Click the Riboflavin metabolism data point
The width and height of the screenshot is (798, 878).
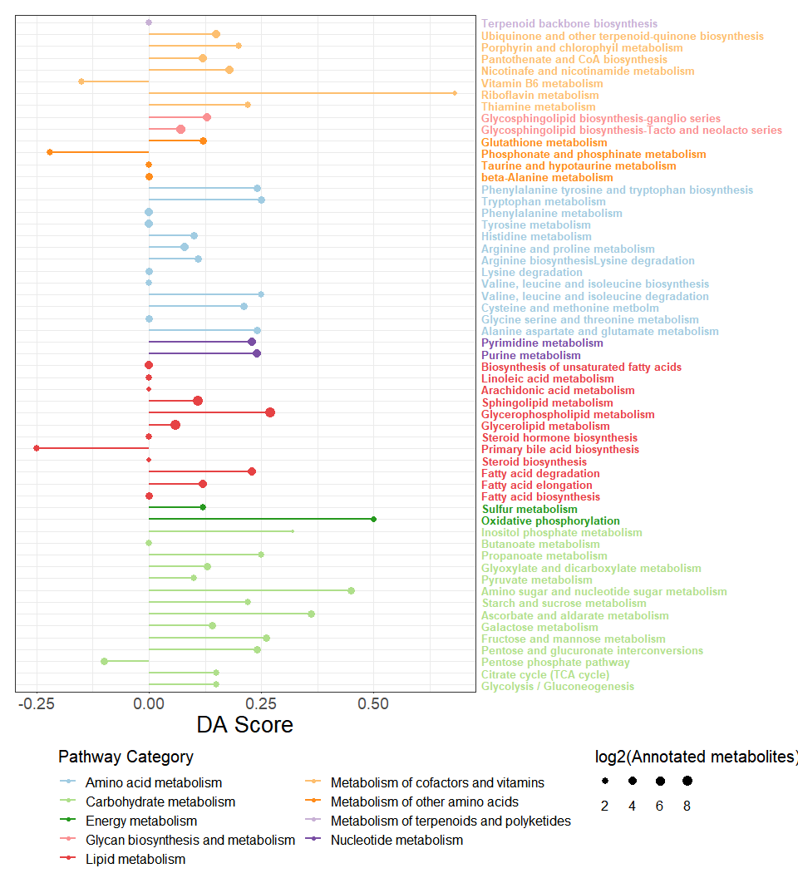(x=455, y=92)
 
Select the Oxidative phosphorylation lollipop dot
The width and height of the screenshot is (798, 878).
(x=373, y=519)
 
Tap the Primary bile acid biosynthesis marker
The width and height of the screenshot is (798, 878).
(x=37, y=448)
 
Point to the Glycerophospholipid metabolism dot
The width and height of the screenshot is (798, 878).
(x=270, y=412)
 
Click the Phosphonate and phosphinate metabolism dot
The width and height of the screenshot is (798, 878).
(x=50, y=152)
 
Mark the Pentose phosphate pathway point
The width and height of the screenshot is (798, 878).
(x=104, y=661)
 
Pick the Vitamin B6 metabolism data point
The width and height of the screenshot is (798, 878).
(x=81, y=81)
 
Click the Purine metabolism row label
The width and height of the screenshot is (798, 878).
(x=530, y=355)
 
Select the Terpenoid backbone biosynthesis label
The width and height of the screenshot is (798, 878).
(x=569, y=24)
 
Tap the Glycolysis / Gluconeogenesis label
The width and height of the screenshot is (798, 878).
(x=557, y=686)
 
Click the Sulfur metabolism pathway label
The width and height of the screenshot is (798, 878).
(x=529, y=509)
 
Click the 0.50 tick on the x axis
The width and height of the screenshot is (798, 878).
(x=373, y=703)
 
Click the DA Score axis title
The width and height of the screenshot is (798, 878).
(x=244, y=725)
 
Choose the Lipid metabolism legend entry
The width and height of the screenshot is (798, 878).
(x=135, y=859)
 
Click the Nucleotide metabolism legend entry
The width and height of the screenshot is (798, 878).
(x=397, y=841)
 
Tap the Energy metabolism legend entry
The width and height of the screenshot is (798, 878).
(x=140, y=821)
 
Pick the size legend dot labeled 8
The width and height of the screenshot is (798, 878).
(x=687, y=782)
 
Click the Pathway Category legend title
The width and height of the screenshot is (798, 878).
(x=126, y=757)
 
